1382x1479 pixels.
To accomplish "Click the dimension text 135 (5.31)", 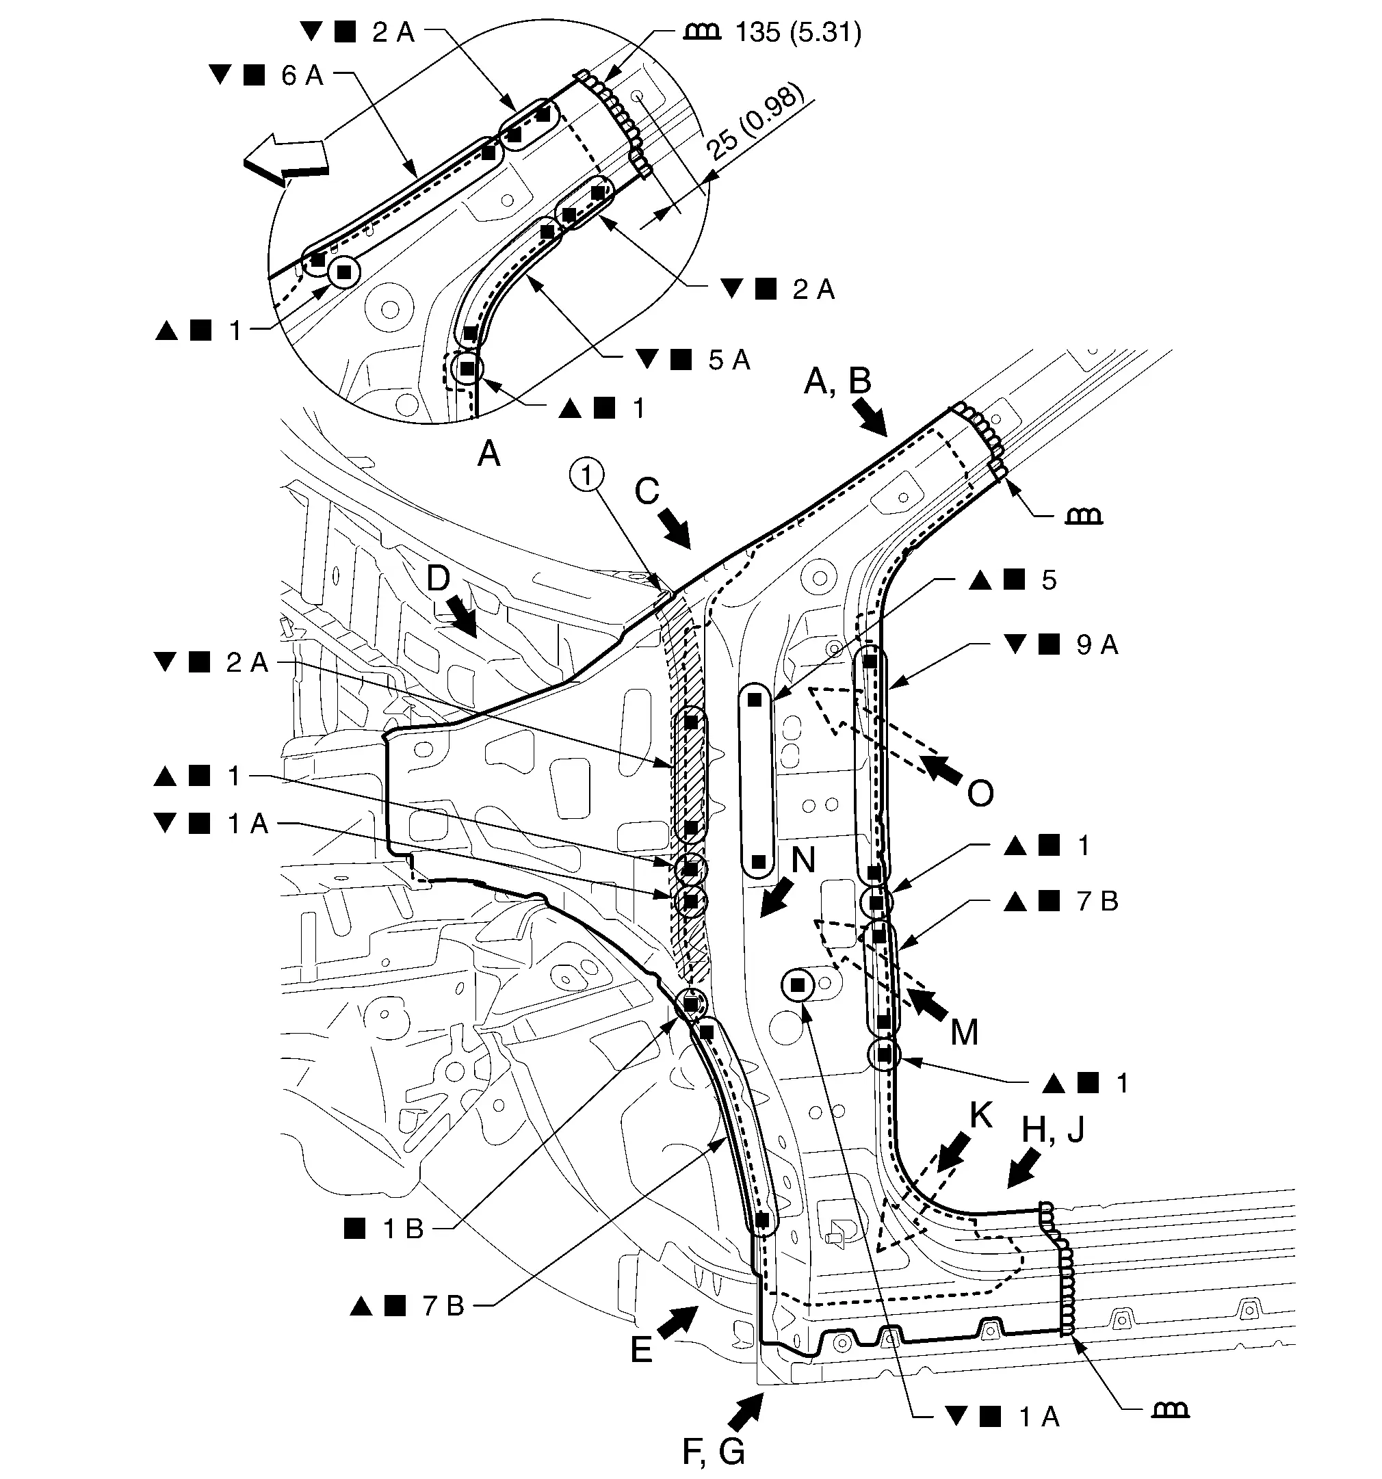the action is (x=798, y=33).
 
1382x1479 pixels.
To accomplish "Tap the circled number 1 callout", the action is (x=587, y=475).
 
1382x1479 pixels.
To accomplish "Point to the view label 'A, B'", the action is (x=838, y=381).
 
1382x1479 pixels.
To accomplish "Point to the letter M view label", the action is (x=965, y=1034).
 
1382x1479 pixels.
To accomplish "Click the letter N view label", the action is (x=803, y=860).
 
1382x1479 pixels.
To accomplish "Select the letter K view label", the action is (x=981, y=1114).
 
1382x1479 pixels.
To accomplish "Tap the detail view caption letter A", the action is (x=488, y=452).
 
